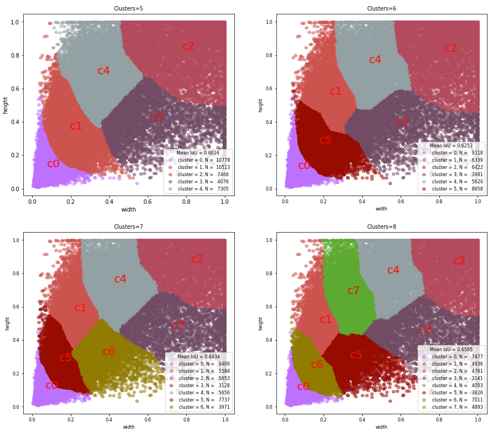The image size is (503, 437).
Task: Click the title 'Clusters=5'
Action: click(129, 8)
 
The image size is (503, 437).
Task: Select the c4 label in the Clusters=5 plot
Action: click(104, 71)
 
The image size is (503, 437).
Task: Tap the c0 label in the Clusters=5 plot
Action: click(53, 164)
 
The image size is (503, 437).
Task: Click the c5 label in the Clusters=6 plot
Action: click(325, 140)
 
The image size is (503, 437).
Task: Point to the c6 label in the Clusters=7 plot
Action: click(109, 352)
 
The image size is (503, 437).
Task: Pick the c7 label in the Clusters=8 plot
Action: click(353, 291)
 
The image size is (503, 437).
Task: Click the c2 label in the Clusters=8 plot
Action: click(459, 261)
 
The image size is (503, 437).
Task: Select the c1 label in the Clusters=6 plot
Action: click(336, 91)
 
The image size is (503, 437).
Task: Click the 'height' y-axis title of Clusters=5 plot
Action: click(6, 105)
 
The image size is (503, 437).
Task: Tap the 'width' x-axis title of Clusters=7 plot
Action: click(129, 427)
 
